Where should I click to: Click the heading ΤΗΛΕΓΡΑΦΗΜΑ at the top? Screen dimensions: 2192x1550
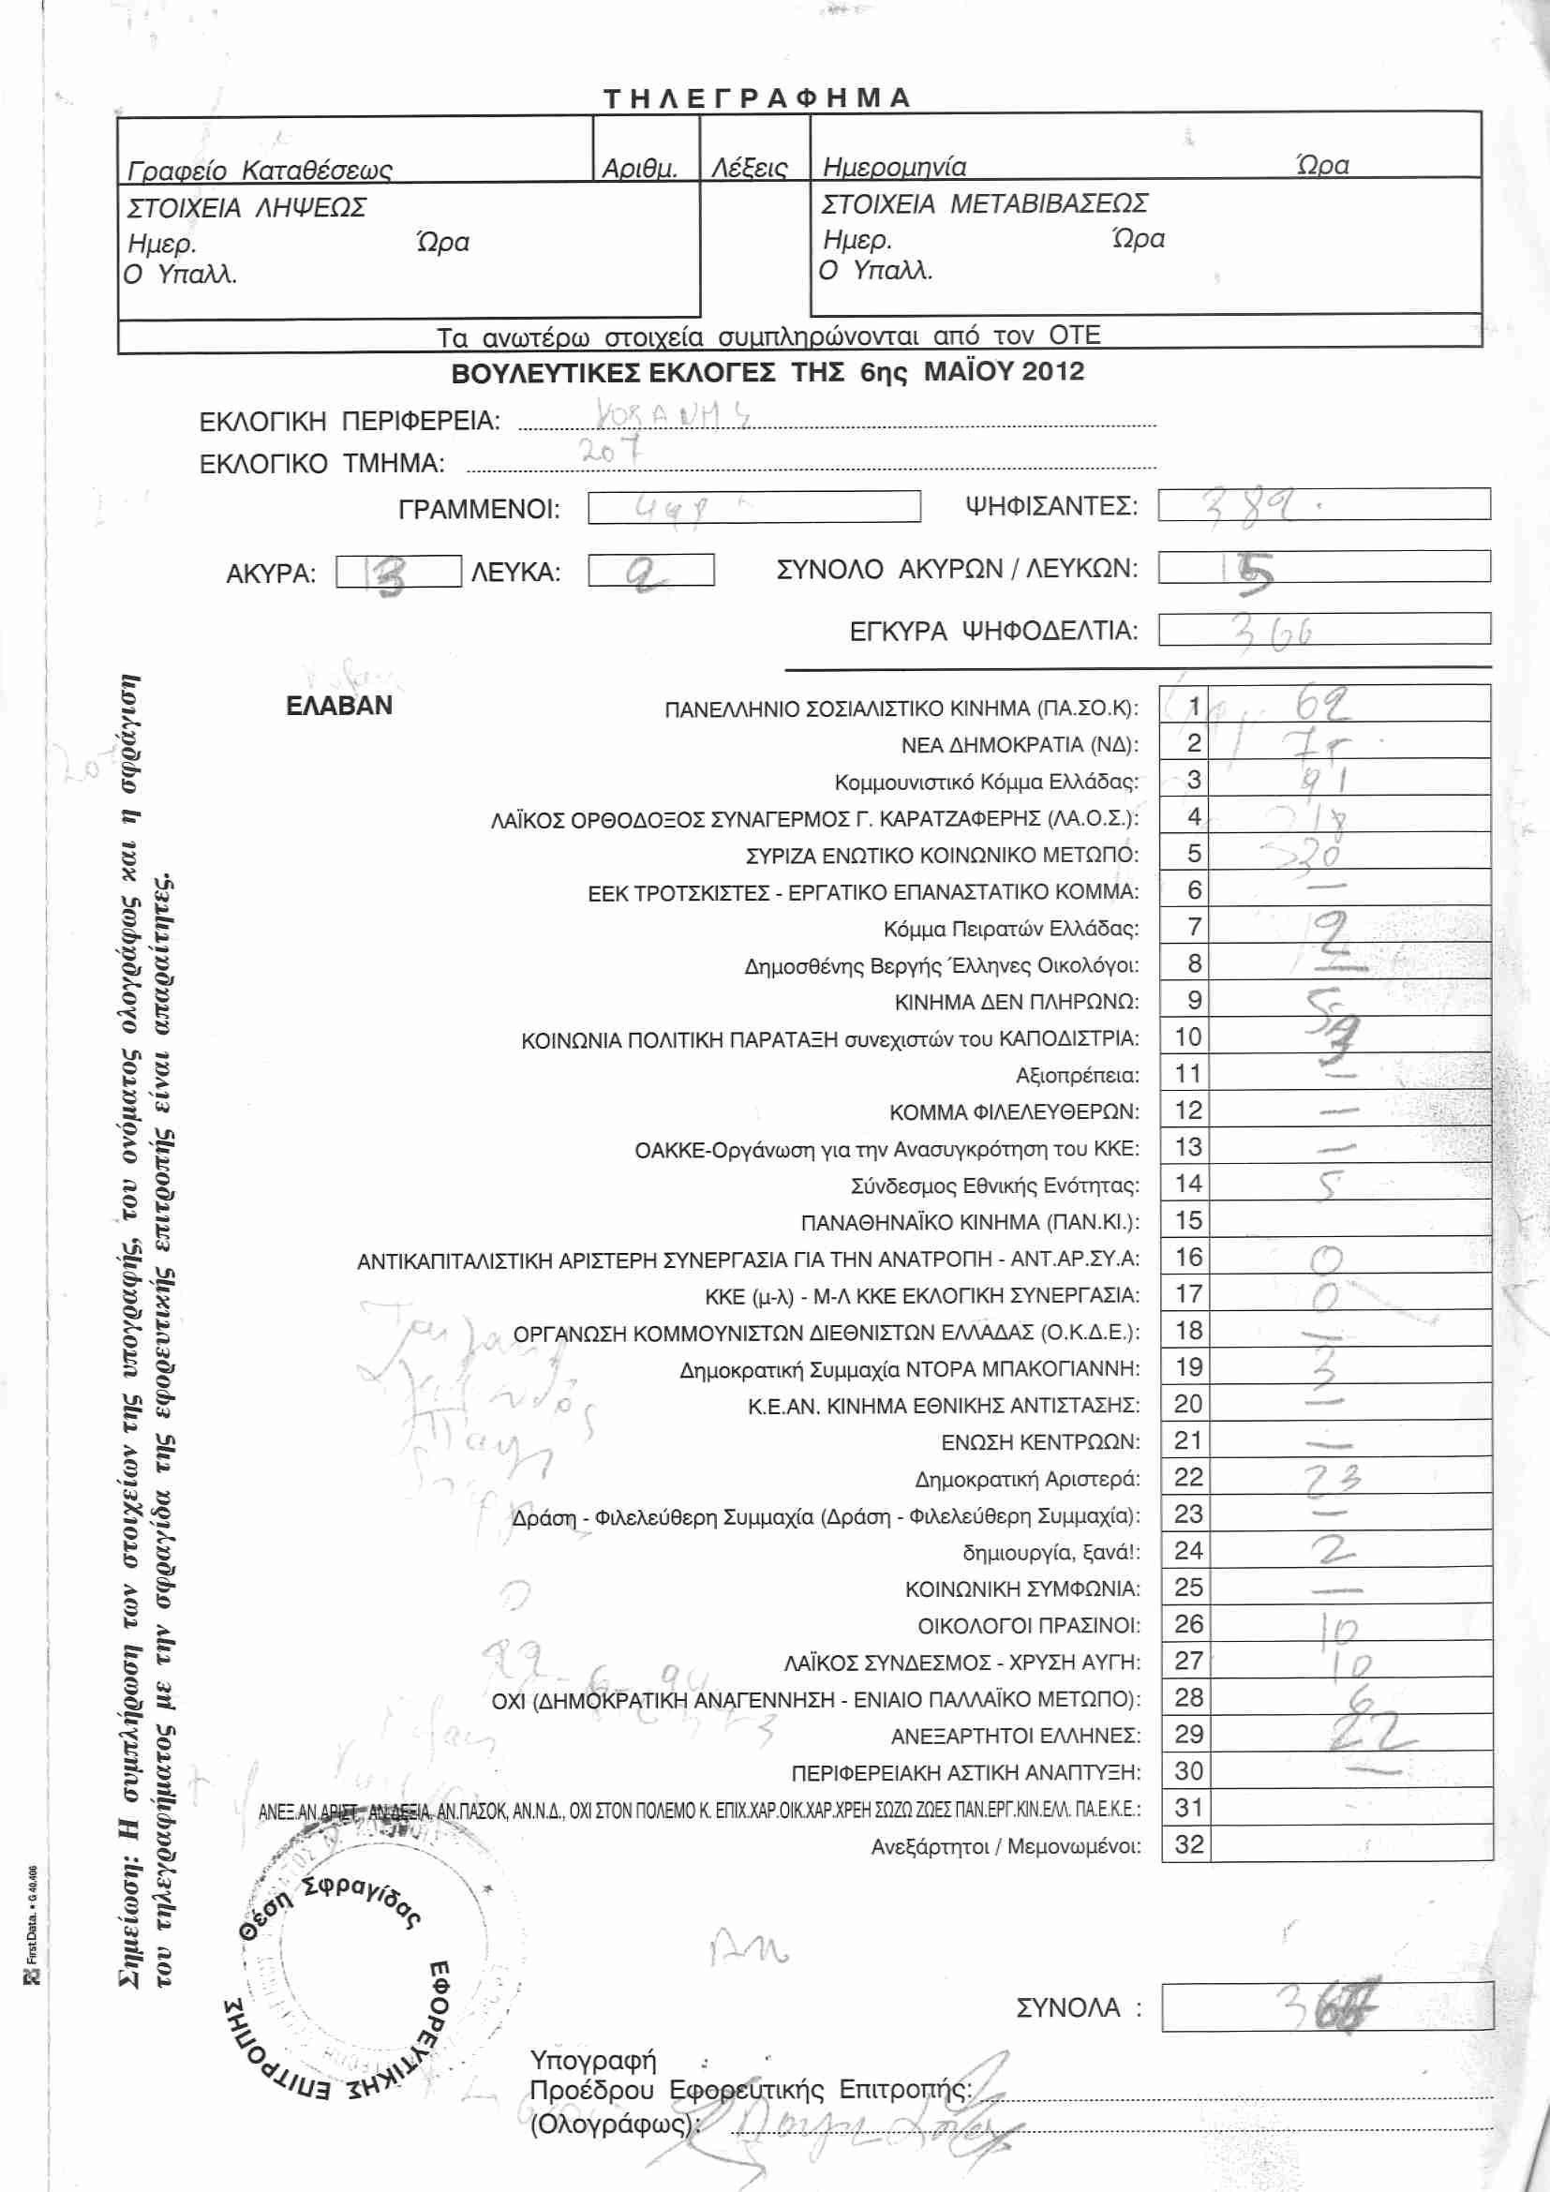(x=758, y=98)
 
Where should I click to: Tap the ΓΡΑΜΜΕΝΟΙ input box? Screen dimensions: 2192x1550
(x=753, y=507)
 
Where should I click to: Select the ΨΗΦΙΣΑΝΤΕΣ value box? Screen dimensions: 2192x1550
(x=1323, y=504)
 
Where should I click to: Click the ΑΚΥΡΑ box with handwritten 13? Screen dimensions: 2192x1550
(x=398, y=572)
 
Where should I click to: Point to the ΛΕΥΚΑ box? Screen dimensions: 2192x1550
(x=650, y=571)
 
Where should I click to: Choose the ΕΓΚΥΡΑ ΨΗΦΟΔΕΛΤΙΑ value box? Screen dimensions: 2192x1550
(x=1323, y=629)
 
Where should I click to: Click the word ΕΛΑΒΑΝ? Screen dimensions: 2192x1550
(x=339, y=706)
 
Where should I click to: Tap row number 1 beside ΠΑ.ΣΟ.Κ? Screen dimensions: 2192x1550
(x=1193, y=707)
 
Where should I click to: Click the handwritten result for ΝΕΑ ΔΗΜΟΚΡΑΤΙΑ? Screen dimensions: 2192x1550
(x=1322, y=743)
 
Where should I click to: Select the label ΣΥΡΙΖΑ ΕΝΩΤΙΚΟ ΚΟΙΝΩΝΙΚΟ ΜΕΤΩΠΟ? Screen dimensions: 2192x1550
(x=942, y=856)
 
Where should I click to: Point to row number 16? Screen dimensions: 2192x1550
(x=1188, y=1258)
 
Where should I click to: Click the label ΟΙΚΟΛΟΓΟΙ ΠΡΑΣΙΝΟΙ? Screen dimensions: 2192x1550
(x=1029, y=1626)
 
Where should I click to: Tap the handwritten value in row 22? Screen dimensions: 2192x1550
(x=1333, y=1478)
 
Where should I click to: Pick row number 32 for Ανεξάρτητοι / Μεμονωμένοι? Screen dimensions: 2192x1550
(x=1188, y=1844)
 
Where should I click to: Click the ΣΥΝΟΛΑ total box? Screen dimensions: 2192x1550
(x=1327, y=2006)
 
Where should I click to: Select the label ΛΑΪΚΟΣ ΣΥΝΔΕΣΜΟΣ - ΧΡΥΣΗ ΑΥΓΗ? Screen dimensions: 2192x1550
(x=962, y=1663)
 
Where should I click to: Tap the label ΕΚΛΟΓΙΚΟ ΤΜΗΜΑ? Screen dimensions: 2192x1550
(x=321, y=464)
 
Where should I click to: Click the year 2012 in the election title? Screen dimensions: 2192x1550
(x=1050, y=371)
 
